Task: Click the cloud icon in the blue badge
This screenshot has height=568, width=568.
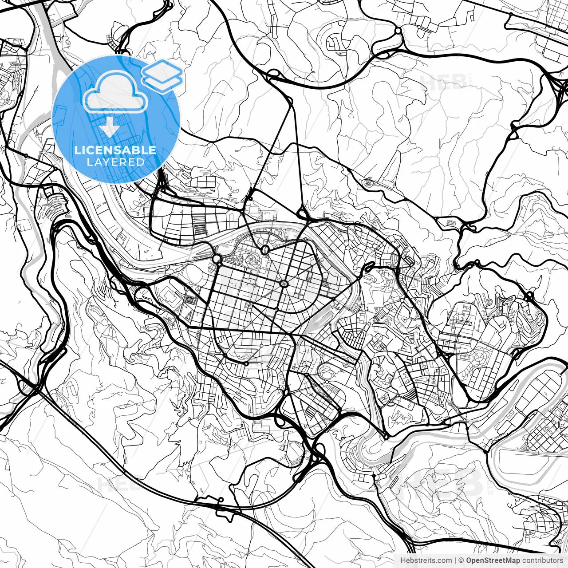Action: tap(115, 92)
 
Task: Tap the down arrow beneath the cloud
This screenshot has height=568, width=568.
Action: tap(109, 128)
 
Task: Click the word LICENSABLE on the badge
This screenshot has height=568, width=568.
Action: tap(115, 150)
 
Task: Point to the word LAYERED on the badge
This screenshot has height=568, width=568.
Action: tap(115, 162)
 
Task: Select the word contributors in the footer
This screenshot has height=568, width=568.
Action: tap(542, 560)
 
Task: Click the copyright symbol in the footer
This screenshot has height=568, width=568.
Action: tap(461, 560)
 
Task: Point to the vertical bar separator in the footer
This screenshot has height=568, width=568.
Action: tap(456, 560)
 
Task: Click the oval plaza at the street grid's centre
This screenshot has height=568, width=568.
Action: tap(283, 283)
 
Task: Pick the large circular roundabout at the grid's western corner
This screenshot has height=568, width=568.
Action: tap(217, 259)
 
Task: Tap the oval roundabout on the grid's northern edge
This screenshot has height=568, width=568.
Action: tap(265, 250)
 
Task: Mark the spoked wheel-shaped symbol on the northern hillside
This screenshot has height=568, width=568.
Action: tap(368, 183)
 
